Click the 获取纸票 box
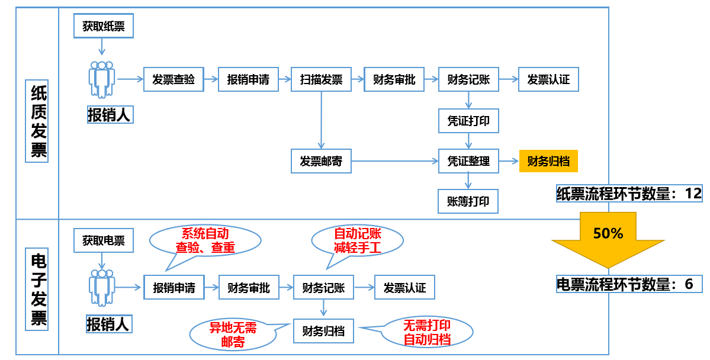104,26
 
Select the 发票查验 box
174,79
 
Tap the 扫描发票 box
321,79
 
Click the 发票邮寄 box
321,161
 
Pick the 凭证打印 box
468,121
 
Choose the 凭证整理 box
468,161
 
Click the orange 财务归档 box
548,161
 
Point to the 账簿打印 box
468,201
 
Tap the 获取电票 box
104,240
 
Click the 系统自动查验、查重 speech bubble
205,240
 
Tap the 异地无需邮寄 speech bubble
233,335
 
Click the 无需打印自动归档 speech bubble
426,333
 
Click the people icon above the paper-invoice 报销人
102,79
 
